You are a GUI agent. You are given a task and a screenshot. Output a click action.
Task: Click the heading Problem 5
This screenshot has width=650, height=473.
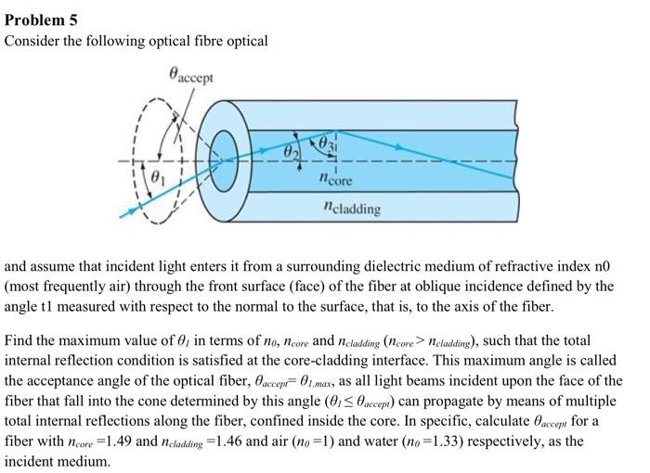pos(41,19)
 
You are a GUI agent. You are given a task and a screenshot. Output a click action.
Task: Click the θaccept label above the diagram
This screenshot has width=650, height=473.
pos(190,75)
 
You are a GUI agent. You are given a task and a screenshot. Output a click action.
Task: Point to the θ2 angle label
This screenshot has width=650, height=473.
pos(291,149)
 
